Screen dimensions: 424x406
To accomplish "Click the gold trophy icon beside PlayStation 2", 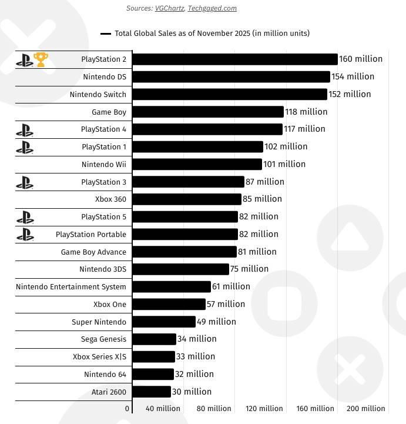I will (41, 59).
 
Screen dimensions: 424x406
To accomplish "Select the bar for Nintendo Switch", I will (230, 94).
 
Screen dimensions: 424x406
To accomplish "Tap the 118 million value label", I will (306, 112).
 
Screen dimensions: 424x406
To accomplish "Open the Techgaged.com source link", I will (212, 8).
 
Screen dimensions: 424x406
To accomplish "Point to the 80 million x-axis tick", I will (213, 408).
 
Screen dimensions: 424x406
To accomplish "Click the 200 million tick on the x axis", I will (366, 408).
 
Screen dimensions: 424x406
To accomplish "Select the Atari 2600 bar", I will (152, 392).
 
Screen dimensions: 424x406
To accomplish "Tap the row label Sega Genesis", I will (103, 339).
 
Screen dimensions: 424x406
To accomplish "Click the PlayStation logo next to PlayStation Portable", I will (25, 235).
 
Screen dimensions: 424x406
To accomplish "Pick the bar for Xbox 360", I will (187, 199).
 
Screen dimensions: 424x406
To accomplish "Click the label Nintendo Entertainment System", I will (71, 287).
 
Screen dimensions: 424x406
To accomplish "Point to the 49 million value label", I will (216, 322).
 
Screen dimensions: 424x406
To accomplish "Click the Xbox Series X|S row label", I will (99, 357).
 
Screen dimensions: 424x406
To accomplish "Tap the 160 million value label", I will (361, 59).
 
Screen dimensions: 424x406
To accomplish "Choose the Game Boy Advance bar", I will (184, 252).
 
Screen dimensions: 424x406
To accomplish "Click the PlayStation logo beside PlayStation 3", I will (25, 182).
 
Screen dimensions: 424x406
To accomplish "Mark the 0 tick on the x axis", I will (127, 408).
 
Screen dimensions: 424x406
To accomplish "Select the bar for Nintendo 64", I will (153, 374).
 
